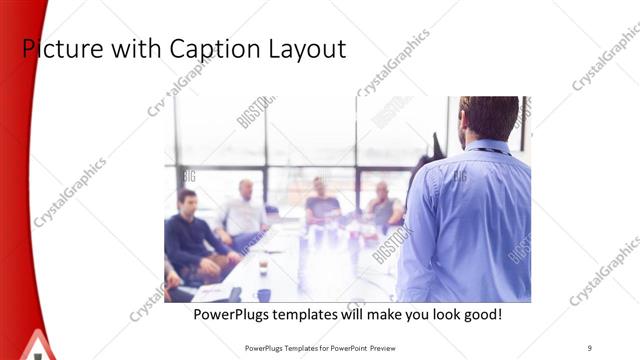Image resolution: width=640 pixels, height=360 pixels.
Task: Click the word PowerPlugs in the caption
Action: [x=232, y=315]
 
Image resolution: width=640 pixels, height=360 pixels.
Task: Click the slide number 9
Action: [x=590, y=347]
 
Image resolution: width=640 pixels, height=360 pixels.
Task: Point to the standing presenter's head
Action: [x=489, y=118]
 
